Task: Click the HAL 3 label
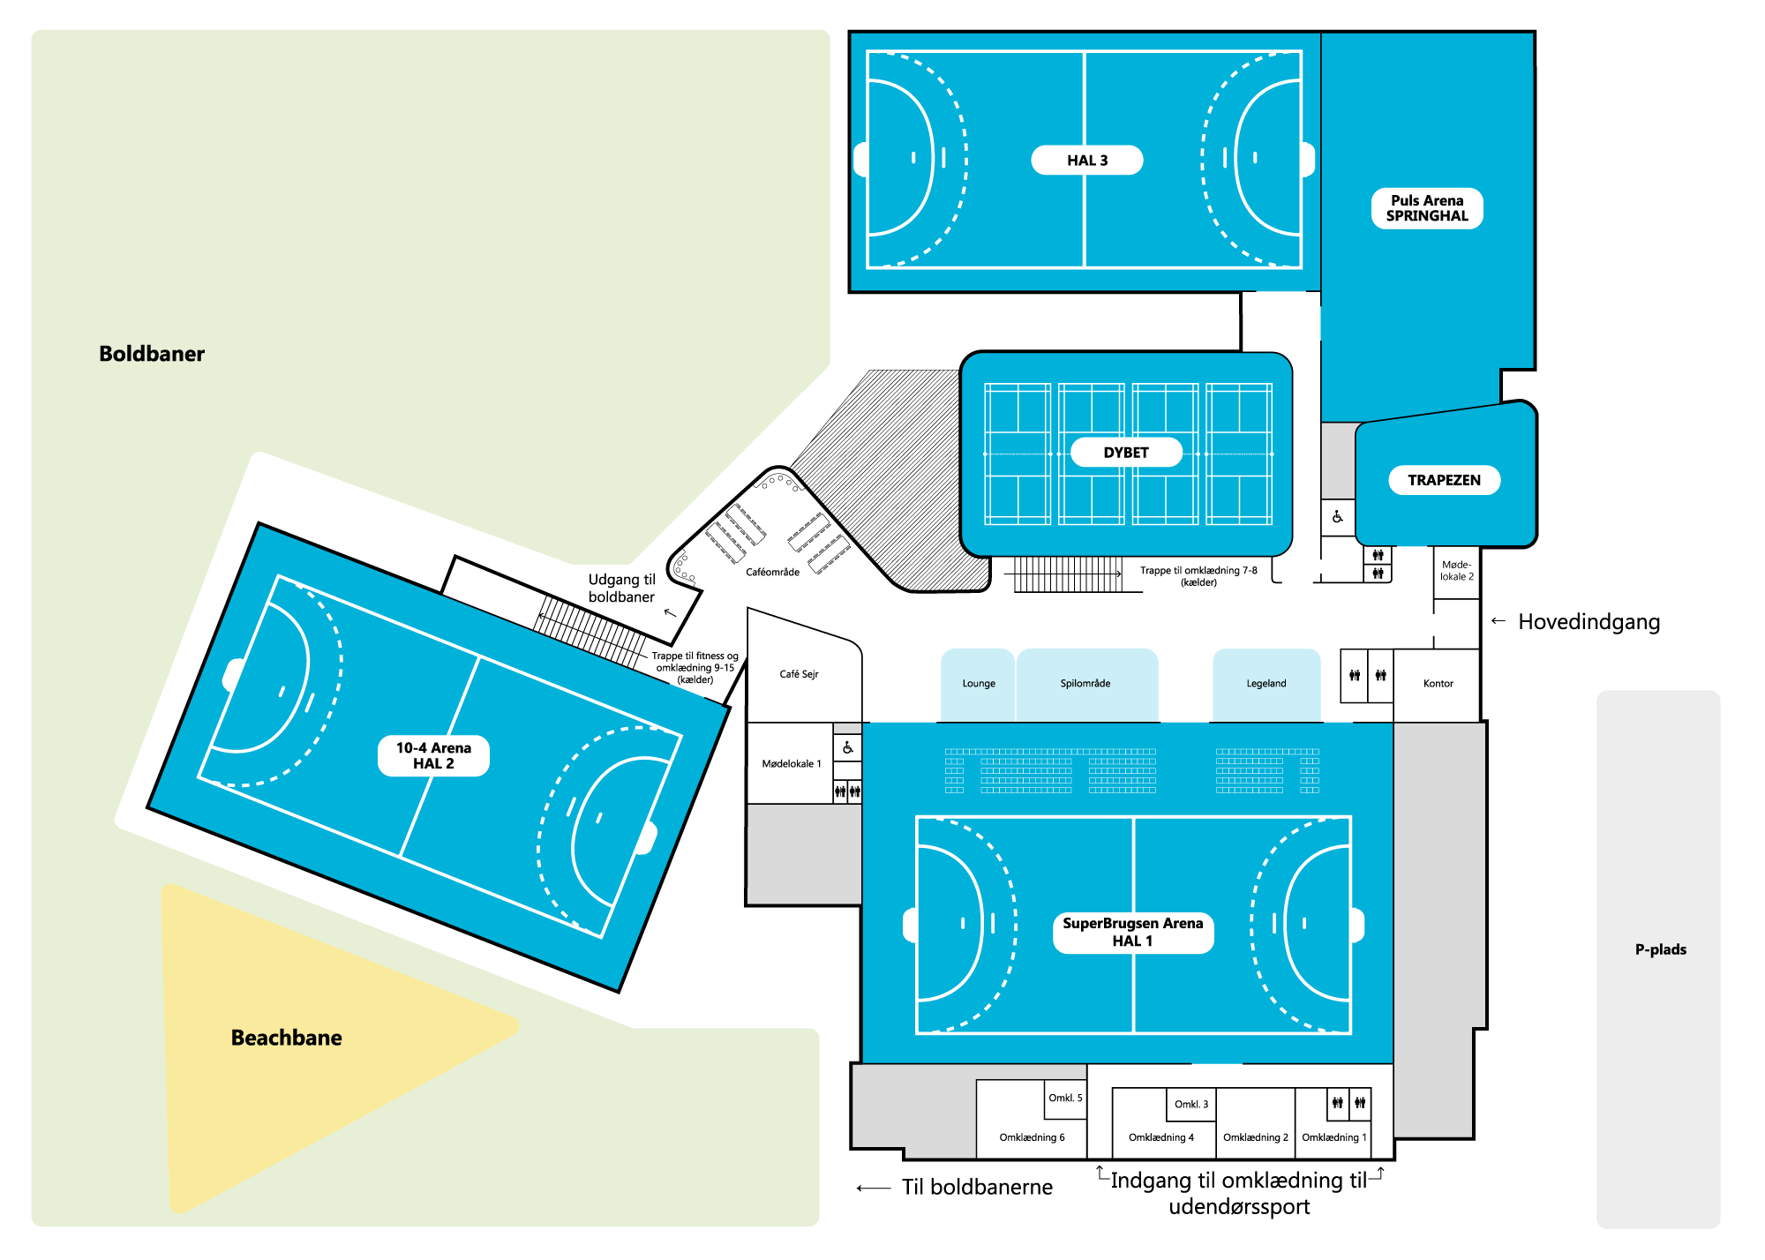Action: coord(1086,161)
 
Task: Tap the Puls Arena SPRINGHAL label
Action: coord(1426,208)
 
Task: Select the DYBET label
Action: coord(1125,453)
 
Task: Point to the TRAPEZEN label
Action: coord(1444,480)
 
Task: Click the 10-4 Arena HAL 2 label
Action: coord(433,756)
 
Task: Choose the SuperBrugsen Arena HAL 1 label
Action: coord(1132,933)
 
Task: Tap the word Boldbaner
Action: coord(152,354)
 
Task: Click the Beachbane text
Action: coord(286,1038)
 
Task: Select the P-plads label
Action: coord(1660,949)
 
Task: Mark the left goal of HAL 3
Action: coord(860,160)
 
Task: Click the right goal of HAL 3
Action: coord(1308,160)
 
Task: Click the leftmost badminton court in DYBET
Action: coord(1018,454)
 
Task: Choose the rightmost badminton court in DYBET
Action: coord(1239,454)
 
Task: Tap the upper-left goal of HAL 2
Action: coord(233,675)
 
